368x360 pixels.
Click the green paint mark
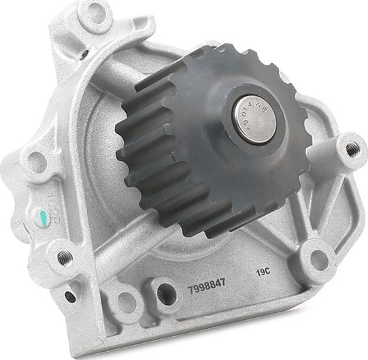point(44,219)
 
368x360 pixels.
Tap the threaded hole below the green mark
point(65,257)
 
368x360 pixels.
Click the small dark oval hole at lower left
point(70,297)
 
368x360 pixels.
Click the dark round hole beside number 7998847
point(166,294)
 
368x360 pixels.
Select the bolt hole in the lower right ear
point(318,259)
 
